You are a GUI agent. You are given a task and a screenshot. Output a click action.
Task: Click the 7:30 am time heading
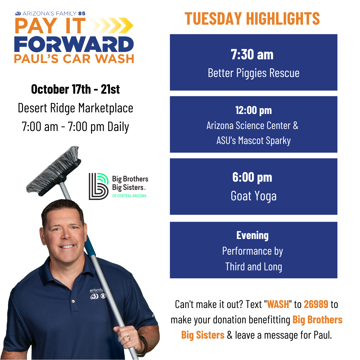[252, 55]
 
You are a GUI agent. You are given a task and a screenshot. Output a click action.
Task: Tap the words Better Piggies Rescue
[253, 73]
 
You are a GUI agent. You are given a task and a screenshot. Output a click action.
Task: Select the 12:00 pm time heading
[253, 110]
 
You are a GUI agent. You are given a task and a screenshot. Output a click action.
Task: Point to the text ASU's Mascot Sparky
[253, 141]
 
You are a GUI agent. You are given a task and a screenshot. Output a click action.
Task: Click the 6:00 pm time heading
[252, 177]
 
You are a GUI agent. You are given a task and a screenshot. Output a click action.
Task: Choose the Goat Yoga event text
[253, 196]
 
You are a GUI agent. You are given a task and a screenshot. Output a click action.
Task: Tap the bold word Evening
[253, 236]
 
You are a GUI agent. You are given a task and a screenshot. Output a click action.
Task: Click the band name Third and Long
[253, 267]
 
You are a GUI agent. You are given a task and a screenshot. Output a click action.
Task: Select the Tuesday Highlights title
[252, 19]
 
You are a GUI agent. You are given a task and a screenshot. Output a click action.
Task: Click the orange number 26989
[316, 304]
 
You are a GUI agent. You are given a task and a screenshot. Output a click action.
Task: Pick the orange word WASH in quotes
[278, 304]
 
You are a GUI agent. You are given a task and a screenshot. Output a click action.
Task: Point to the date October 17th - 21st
[75, 89]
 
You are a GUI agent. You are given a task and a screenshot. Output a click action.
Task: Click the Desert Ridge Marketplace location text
[75, 108]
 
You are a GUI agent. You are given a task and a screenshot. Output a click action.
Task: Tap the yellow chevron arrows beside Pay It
[113, 25]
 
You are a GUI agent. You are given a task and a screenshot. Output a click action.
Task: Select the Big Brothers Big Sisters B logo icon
[98, 186]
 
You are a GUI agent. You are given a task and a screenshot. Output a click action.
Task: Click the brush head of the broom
[53, 171]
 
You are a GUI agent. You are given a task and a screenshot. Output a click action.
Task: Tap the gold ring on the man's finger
[129, 337]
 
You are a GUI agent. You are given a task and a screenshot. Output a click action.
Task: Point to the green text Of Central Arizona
[129, 196]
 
